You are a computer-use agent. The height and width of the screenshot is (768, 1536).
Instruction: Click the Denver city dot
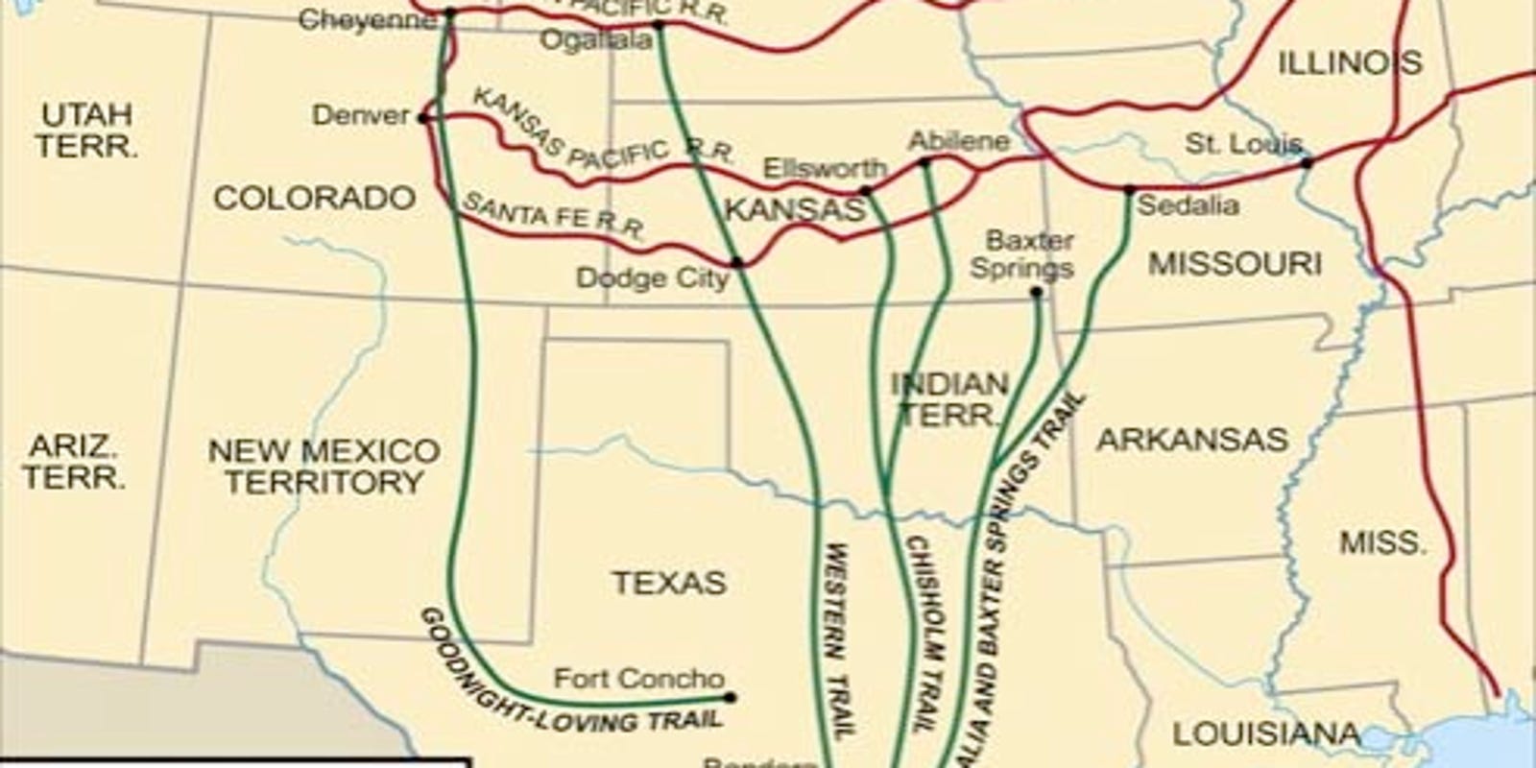(422, 118)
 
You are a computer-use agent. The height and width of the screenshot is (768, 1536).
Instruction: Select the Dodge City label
(652, 278)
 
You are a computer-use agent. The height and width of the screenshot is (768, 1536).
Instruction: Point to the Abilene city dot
(924, 163)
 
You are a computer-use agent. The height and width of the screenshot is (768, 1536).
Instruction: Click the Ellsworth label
(825, 169)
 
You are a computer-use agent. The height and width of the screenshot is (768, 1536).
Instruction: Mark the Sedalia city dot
(1129, 190)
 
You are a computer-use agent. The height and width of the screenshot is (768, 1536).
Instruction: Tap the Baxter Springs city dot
(1036, 292)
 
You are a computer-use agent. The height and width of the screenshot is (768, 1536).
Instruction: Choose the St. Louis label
(1243, 145)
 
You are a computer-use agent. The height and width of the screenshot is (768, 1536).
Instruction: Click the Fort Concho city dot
(730, 697)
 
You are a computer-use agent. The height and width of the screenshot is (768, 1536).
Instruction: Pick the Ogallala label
(595, 41)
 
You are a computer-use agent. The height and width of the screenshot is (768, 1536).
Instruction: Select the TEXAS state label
(669, 583)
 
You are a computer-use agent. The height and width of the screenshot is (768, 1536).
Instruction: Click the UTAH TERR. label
(86, 131)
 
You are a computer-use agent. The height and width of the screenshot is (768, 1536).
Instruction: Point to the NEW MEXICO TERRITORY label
(324, 466)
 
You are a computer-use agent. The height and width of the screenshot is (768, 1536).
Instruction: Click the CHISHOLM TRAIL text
(919, 634)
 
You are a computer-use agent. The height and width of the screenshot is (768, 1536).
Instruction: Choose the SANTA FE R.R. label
(554, 216)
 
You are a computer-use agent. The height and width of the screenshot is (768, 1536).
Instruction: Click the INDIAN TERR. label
(950, 400)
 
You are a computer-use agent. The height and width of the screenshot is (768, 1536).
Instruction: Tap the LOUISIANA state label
(1266, 735)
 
